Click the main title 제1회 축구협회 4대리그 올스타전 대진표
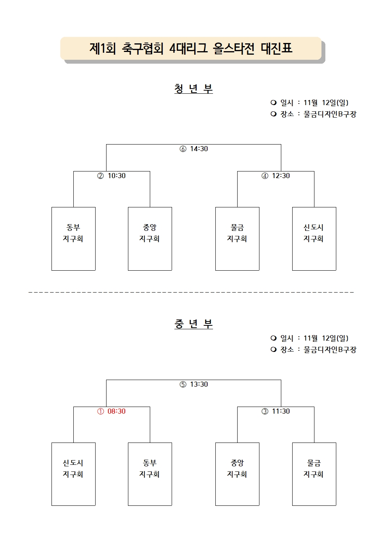click(x=191, y=48)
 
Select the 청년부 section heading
click(x=193, y=89)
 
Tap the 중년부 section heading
click(x=193, y=324)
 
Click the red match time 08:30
click(x=117, y=411)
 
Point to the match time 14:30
click(x=199, y=149)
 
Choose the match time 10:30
click(x=117, y=176)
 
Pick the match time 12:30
click(x=281, y=176)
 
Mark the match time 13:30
click(x=199, y=384)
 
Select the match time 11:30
click(x=281, y=411)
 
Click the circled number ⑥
click(x=183, y=149)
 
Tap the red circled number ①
click(x=101, y=411)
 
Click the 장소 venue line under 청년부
click(x=313, y=114)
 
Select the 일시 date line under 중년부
click(x=309, y=338)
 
